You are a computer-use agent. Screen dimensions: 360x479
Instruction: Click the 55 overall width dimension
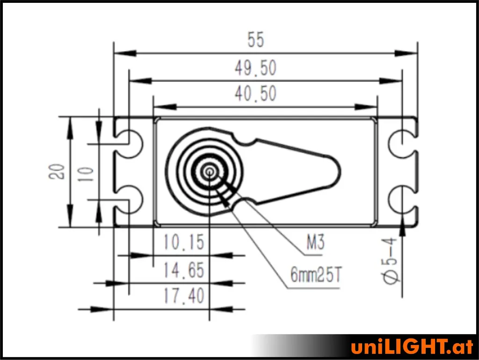point(256,41)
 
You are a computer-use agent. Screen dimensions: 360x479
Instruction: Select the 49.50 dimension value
point(255,69)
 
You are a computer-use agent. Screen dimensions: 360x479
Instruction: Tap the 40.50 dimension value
point(255,94)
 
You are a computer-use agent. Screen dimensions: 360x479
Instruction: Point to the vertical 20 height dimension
point(57,171)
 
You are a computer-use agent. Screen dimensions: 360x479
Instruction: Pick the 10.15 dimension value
point(184,242)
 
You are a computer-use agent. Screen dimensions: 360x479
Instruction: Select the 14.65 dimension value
point(184,271)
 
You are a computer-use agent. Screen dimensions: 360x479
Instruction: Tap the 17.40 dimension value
point(184,296)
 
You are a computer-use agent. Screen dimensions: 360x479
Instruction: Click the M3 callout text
point(315,243)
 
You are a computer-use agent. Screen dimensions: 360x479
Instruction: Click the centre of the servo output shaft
point(209,171)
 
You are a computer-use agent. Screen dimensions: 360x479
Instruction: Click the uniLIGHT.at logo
point(412,347)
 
